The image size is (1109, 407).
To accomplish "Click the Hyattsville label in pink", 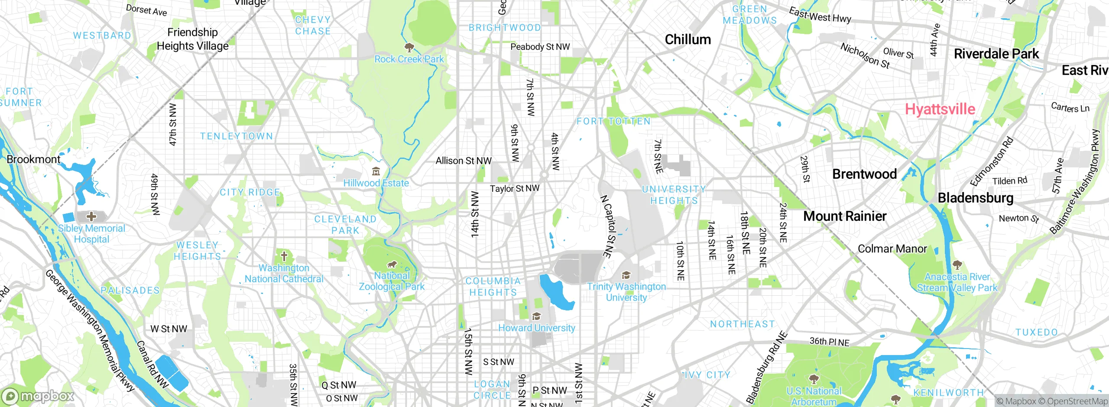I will pos(940,109).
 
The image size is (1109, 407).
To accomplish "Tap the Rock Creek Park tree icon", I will pos(409,47).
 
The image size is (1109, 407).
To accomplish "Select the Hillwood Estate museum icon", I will pos(376,171).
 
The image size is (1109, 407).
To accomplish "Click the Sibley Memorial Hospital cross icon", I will pos(91,216).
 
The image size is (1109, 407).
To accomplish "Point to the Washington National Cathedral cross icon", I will pos(284,256).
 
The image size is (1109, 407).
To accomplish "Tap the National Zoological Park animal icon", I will pos(392,264).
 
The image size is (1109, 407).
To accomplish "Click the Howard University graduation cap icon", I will pos(536,317).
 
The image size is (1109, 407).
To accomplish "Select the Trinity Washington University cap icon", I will pos(626,275).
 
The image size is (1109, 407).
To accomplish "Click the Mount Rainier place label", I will pos(845,216).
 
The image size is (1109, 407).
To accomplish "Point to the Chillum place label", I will pos(687,39).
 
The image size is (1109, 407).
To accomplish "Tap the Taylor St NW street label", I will pos(514,189).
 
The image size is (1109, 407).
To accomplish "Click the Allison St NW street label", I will pos(463,161).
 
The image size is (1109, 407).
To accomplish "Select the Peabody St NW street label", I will pos(540,47).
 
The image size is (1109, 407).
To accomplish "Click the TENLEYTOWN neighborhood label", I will pos(237,136).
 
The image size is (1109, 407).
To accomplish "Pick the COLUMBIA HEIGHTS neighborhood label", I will pos(493,287).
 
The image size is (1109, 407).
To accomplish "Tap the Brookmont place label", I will pos(33,159).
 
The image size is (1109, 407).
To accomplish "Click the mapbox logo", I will pos(38,396).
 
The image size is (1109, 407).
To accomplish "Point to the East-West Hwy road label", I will pos(820,16).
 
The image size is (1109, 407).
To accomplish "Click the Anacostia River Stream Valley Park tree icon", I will pos(957,265).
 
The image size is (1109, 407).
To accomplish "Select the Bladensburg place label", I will pos(975,198).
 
